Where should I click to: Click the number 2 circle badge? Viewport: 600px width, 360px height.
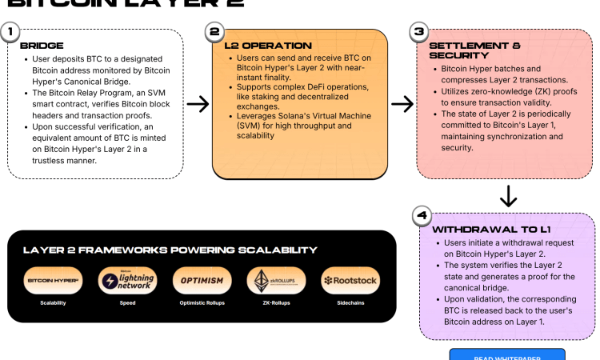pyautogui.click(x=214, y=33)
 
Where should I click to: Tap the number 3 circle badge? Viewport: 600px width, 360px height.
pyautogui.click(x=418, y=33)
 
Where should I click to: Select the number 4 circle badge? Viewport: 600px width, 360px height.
pyautogui.click(x=422, y=216)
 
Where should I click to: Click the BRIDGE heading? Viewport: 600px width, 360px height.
pyautogui.click(x=42, y=46)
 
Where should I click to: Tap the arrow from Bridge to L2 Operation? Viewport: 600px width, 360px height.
pyautogui.click(x=197, y=104)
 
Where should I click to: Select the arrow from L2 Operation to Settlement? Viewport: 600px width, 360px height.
pyautogui.click(x=402, y=104)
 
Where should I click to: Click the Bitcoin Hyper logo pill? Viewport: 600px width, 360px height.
pyautogui.click(x=53, y=281)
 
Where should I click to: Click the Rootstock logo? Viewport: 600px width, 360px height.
pyautogui.click(x=350, y=281)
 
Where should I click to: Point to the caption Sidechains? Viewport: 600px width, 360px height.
pyautogui.click(x=350, y=303)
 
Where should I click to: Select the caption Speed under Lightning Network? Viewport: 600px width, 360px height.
pyautogui.click(x=127, y=303)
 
